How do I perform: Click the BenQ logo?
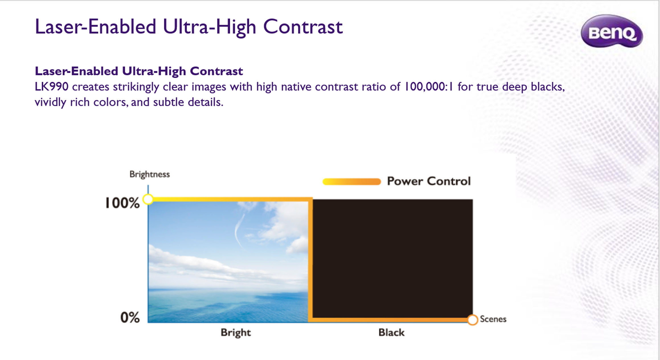612,31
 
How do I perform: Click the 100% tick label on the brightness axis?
122,203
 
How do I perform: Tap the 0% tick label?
130,317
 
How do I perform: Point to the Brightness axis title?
150,174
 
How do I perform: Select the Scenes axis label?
493,319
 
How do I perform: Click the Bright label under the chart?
236,333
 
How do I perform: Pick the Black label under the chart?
391,332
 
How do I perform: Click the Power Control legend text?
429,181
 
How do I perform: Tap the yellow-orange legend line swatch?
352,181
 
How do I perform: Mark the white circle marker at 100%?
148,199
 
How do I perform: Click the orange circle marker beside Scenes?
472,320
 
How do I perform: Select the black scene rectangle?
393,259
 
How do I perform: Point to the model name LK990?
52,87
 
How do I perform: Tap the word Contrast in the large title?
303,27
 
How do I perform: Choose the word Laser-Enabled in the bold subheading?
76,71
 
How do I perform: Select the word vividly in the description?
50,102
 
